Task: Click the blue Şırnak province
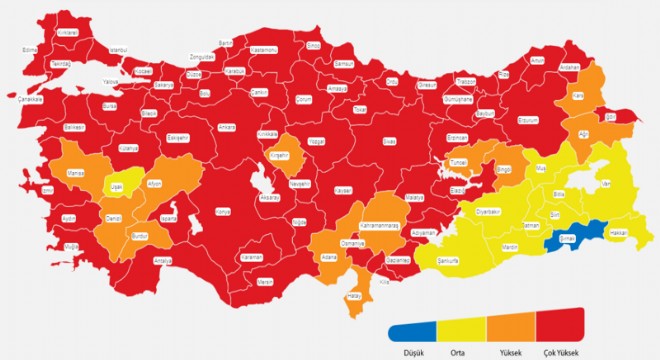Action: [x=567, y=239]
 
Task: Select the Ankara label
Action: [x=227, y=127]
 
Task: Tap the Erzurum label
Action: [x=526, y=121]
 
